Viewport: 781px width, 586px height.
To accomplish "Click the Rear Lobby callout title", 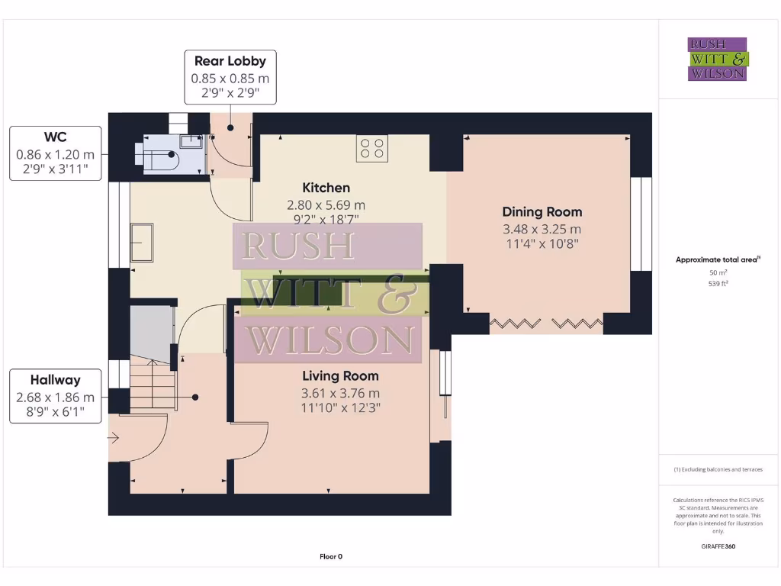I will (x=230, y=61).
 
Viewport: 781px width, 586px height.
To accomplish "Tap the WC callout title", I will (x=55, y=137).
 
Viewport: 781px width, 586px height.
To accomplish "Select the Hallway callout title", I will (x=55, y=380).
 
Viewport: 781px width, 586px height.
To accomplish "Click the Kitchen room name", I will (x=326, y=188).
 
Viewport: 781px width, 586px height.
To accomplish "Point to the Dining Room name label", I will (x=542, y=212).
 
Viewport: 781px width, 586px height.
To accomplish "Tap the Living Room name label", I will (x=340, y=376).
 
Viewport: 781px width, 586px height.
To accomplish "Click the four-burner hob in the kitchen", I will (x=371, y=148).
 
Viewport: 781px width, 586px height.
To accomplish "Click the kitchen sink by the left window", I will (x=142, y=243).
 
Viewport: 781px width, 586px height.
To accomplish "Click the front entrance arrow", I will (x=114, y=438).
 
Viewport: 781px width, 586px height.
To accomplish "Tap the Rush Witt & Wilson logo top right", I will (x=718, y=60).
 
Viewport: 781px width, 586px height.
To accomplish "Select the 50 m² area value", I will (x=718, y=272).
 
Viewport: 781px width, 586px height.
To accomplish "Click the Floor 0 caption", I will (x=331, y=556).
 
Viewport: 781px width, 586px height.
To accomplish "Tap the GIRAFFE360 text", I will (x=718, y=546).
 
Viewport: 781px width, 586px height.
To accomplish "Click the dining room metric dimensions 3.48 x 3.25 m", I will (x=542, y=229).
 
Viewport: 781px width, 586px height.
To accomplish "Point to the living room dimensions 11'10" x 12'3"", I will (x=340, y=407).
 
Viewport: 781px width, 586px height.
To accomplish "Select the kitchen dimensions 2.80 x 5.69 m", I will (x=326, y=204).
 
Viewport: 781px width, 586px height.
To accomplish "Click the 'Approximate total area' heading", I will (x=716, y=259).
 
